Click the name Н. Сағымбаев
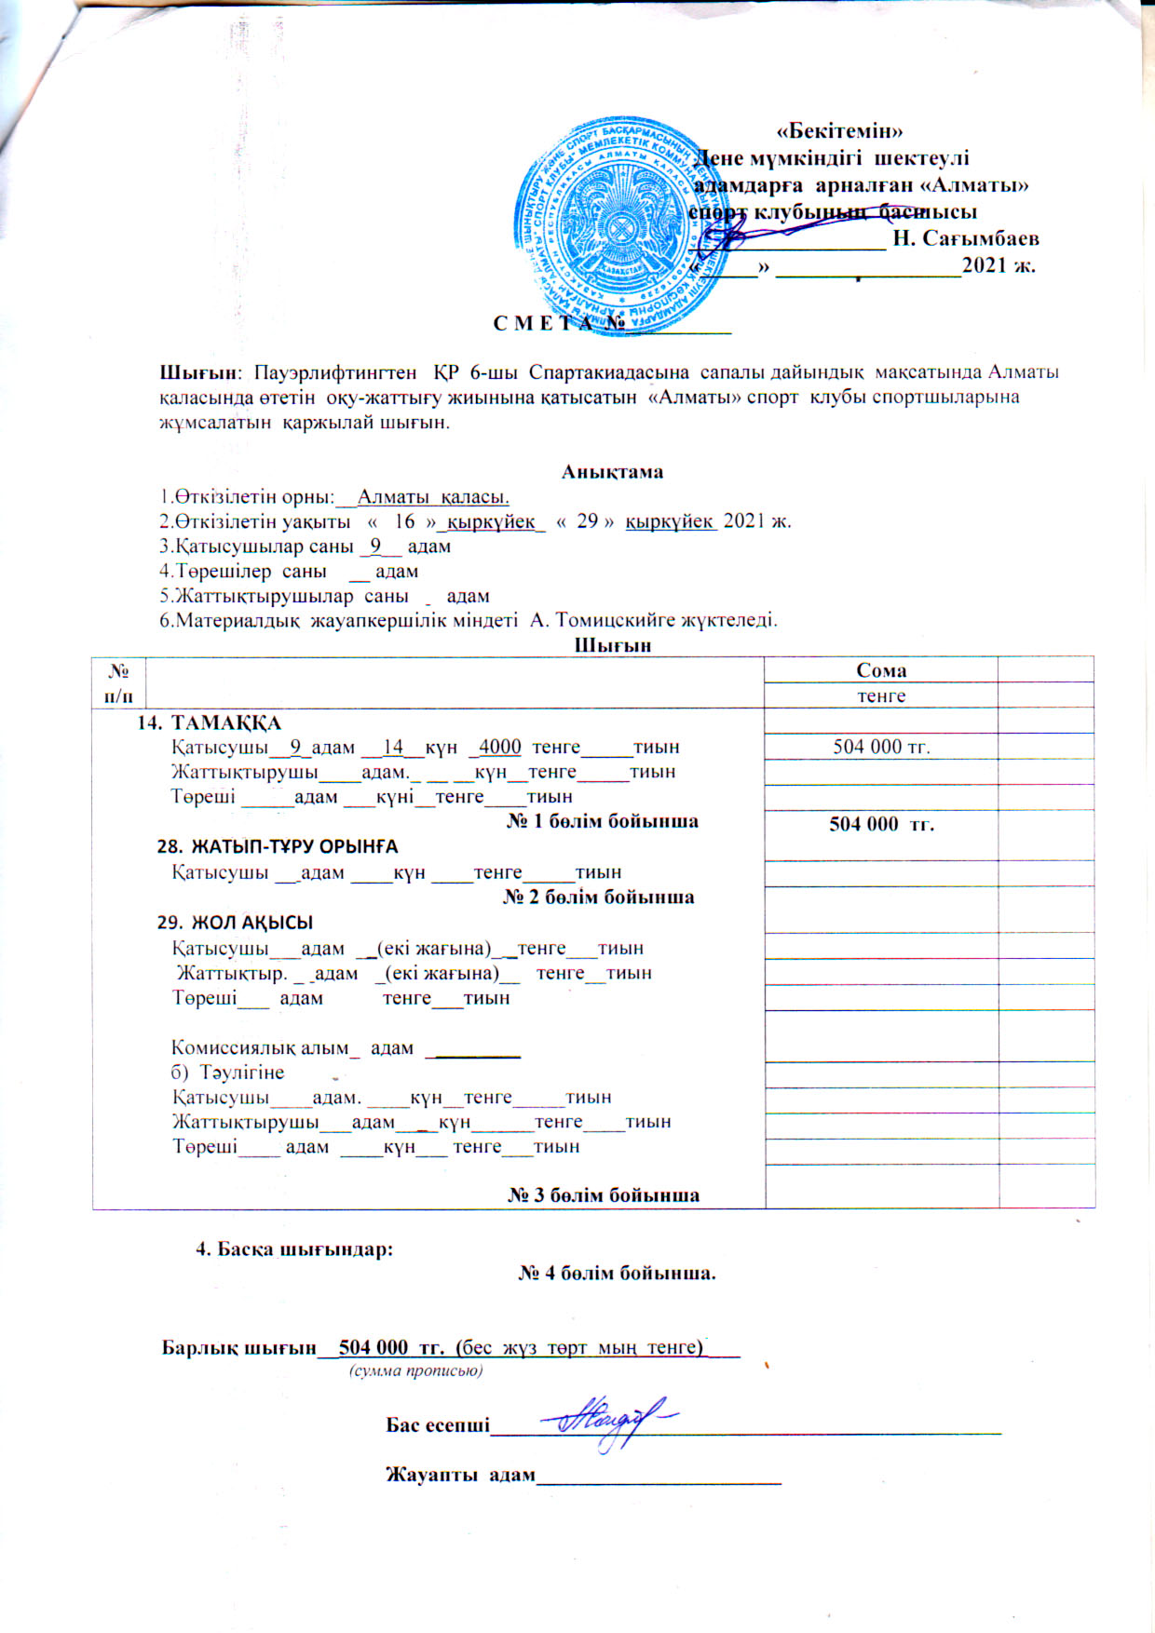(966, 238)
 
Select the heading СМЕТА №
(558, 323)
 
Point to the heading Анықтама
(612, 471)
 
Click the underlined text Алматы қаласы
(433, 496)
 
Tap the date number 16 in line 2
(404, 520)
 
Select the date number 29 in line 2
(587, 520)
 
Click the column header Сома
(880, 670)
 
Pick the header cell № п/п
(119, 682)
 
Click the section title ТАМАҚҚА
(226, 722)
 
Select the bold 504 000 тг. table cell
(881, 824)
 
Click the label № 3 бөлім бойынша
(603, 1195)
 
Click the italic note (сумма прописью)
(415, 1371)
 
